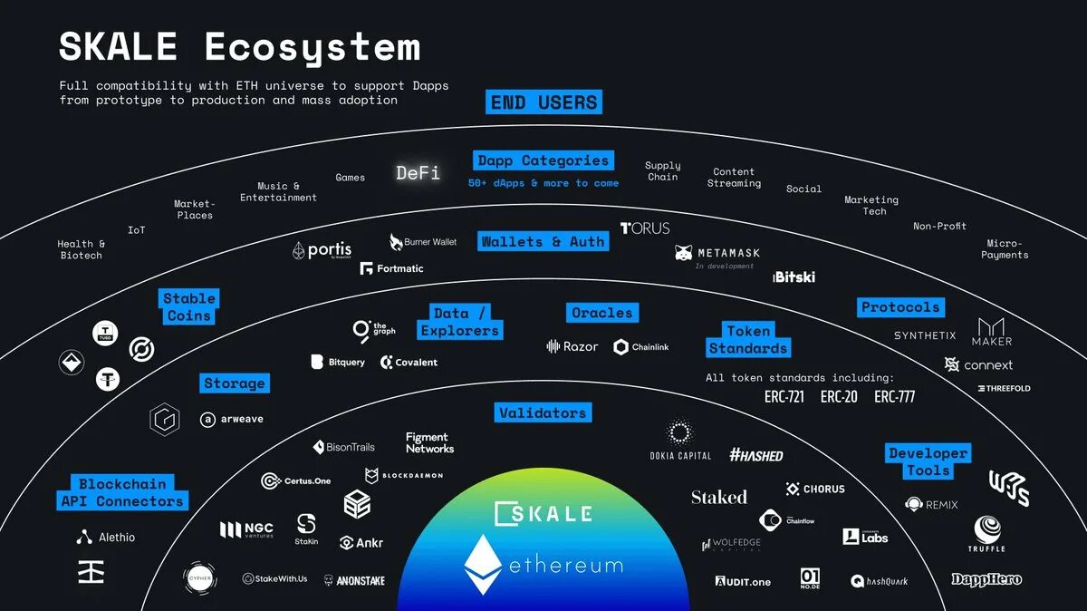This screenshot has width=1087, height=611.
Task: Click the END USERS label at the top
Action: (x=543, y=102)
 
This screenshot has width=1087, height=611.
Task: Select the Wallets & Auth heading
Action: (x=543, y=242)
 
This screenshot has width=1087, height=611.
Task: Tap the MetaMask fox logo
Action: (x=684, y=253)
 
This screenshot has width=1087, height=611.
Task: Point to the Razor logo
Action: (x=572, y=346)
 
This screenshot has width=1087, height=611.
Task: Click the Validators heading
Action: (x=543, y=413)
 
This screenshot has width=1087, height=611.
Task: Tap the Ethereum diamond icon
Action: (x=482, y=565)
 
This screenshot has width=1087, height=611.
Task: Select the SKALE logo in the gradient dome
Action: (x=543, y=513)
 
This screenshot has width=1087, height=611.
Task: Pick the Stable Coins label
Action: (x=189, y=306)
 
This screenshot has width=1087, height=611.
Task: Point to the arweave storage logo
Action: (x=232, y=420)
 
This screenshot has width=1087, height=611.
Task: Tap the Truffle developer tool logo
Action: (x=986, y=532)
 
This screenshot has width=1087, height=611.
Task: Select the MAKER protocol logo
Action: (x=991, y=331)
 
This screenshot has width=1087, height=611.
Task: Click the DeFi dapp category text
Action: (x=418, y=172)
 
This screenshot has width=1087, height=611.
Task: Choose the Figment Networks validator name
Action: (x=429, y=442)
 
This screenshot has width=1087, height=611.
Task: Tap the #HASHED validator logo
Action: (x=755, y=455)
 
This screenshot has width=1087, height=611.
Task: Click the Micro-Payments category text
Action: (x=1004, y=249)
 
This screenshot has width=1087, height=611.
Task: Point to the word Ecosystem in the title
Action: (x=313, y=47)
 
